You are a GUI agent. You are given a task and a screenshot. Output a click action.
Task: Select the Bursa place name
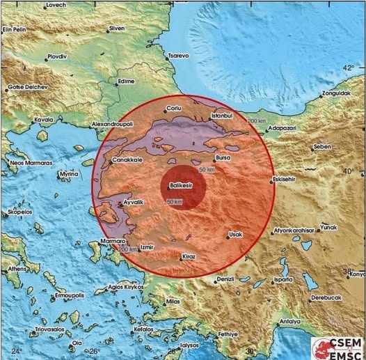coord(232,158)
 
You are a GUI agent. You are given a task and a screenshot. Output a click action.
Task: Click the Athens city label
coord(15,268)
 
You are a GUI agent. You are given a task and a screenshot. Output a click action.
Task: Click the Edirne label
coord(126,81)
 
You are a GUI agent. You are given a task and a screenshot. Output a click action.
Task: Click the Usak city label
coord(236,235)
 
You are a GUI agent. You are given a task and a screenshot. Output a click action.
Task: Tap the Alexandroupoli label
coord(113,123)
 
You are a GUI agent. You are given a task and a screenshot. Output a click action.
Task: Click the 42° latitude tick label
coord(348,68)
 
